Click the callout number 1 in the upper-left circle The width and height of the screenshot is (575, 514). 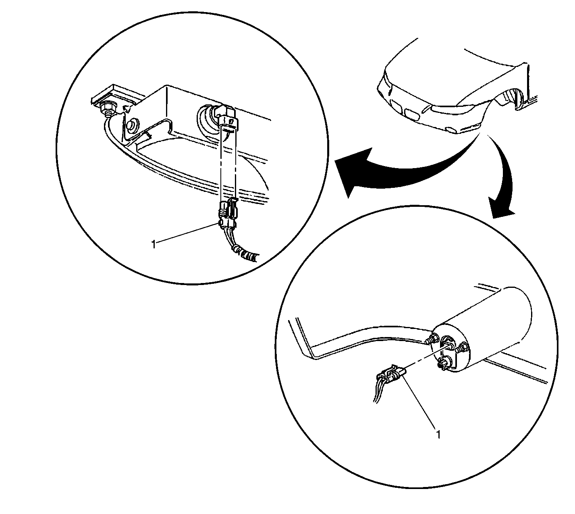(x=154, y=245)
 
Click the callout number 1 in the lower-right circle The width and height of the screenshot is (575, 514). (x=438, y=435)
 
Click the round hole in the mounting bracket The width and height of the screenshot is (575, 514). (x=132, y=125)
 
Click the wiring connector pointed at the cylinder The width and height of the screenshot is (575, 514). (x=389, y=377)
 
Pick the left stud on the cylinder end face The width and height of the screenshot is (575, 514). (x=432, y=339)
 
